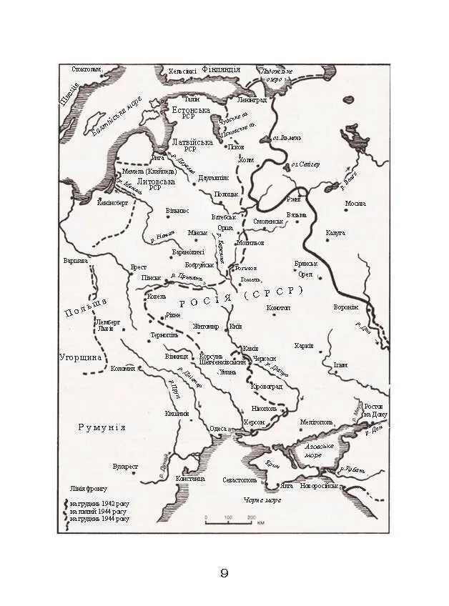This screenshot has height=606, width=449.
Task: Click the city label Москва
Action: (x=355, y=204)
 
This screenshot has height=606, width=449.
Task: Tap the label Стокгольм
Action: (x=87, y=69)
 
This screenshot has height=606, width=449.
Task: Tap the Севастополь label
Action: (x=239, y=480)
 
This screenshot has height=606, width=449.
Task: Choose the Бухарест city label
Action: (x=125, y=467)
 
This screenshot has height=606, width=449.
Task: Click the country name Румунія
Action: (x=102, y=427)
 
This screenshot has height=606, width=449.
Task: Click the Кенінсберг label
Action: (x=112, y=203)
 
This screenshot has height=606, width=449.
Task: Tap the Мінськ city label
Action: (x=197, y=233)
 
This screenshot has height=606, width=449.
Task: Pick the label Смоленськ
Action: (x=268, y=222)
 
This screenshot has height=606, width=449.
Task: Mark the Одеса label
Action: (x=217, y=429)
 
